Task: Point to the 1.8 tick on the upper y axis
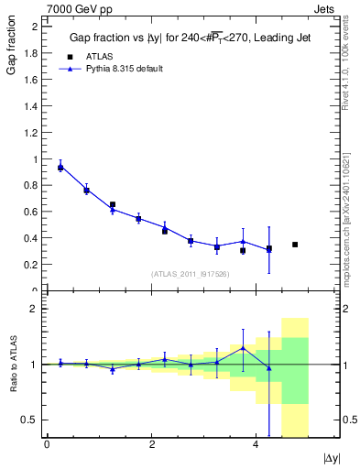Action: coord(32,53)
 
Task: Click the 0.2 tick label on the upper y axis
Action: coord(32,265)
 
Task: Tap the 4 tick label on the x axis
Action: coord(256,444)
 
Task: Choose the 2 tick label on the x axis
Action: coord(151,444)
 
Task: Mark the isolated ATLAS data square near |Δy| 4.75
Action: coord(295,245)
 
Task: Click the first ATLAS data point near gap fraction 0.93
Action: coord(60,168)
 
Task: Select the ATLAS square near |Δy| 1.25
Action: coord(113,204)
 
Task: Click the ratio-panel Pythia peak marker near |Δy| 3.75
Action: coord(243,348)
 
